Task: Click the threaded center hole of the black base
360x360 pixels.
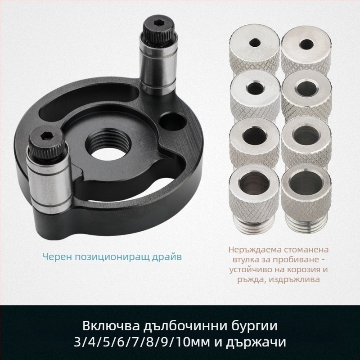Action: tap(108, 145)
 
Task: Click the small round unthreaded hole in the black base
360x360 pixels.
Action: tap(173, 121)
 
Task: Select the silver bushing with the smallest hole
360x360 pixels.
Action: tap(255, 49)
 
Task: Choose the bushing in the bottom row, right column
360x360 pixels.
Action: tap(306, 198)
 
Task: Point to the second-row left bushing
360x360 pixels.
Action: tap(255, 95)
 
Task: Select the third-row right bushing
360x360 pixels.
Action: tap(306, 142)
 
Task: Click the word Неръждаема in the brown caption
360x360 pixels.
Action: tap(254, 250)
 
